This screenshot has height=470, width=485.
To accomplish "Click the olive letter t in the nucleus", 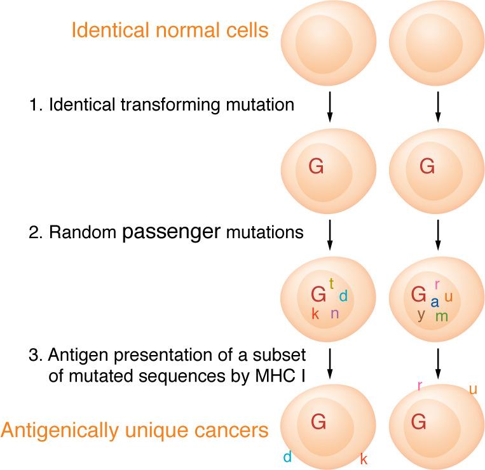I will [x=331, y=283].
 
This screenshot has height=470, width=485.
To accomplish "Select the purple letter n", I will [x=334, y=313].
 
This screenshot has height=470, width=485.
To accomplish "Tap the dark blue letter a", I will [x=435, y=302].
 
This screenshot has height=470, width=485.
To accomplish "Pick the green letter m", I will [x=441, y=316].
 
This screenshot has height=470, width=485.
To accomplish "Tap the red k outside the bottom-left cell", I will [x=364, y=458].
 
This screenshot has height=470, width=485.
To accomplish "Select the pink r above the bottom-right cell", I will [x=420, y=386].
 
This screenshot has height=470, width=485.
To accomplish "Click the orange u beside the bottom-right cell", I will [x=472, y=389].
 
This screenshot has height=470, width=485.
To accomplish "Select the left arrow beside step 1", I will [x=329, y=107].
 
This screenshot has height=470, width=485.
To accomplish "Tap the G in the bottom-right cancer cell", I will [x=418, y=421].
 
